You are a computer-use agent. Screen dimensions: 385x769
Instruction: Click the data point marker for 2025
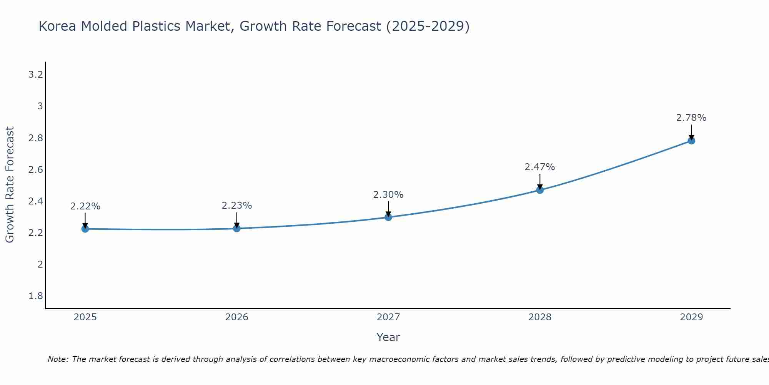(85, 229)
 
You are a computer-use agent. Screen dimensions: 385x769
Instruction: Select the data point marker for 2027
(388, 217)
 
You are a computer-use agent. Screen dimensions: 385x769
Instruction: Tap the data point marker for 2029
(691, 141)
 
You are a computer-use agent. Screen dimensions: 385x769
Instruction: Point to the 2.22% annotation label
(85, 206)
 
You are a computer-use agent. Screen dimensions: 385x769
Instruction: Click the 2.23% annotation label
(236, 206)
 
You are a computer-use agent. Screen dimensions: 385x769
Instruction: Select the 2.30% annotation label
(388, 195)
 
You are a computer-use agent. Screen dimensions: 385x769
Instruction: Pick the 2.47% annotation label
(540, 167)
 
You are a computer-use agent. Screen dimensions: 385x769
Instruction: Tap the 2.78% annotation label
(691, 118)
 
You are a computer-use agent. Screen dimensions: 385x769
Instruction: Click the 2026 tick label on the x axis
(236, 317)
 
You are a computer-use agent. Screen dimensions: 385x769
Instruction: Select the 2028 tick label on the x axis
(540, 317)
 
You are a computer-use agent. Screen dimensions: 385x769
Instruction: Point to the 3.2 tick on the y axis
(35, 75)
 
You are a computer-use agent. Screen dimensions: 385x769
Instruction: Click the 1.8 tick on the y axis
(35, 296)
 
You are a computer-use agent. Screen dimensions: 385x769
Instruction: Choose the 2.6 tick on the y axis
(35, 170)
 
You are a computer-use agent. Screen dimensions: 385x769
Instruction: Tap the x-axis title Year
(388, 337)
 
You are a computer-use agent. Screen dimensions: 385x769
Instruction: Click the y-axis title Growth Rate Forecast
(10, 185)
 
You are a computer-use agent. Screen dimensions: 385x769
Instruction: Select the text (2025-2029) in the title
(428, 27)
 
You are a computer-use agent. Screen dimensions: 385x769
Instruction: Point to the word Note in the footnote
(58, 359)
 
